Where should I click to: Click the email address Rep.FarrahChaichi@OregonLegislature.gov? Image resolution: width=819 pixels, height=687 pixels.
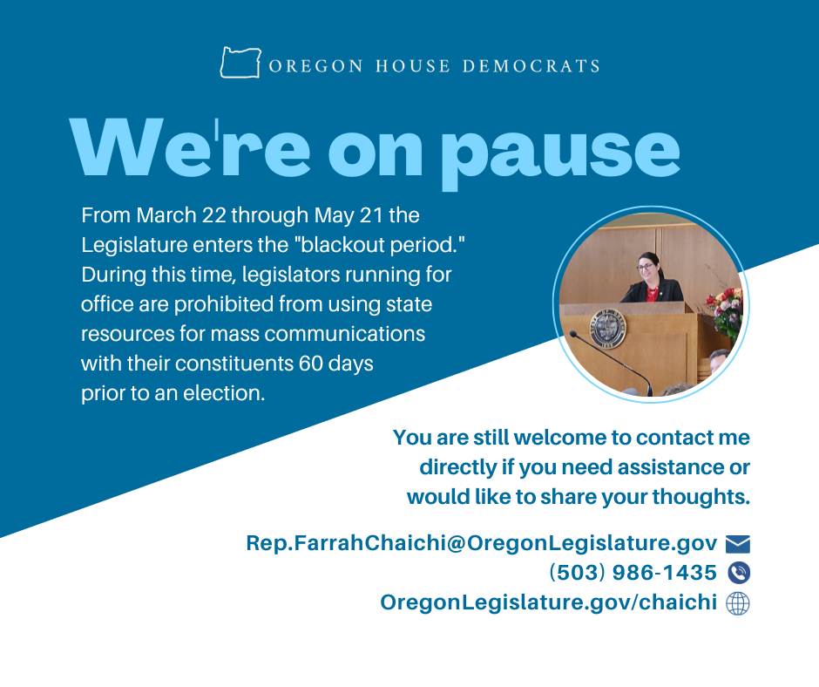coord(481,544)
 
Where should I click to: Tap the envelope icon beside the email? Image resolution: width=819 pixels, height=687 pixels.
coord(737,545)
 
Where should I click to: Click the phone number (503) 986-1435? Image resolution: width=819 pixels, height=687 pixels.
coord(633,573)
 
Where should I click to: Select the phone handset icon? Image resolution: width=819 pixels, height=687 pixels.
coord(738,573)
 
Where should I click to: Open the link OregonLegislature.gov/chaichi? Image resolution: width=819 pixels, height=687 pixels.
coord(548,602)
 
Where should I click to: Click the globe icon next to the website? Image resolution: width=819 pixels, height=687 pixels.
coord(738,602)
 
